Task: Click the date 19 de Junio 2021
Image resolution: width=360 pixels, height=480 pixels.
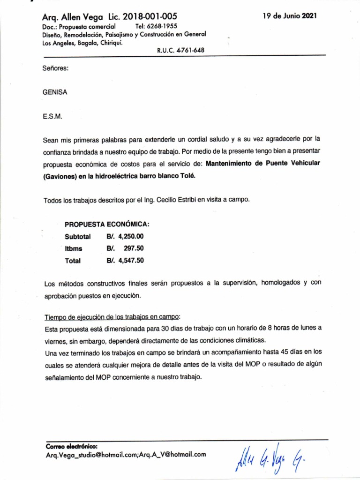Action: coord(290,16)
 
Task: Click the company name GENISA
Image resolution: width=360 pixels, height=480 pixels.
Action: coord(55,92)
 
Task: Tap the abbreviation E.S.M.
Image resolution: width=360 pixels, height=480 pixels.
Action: coord(52,115)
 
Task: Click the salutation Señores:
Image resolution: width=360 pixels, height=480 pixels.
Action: coord(56,68)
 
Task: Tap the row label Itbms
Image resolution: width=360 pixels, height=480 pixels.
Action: coord(73,248)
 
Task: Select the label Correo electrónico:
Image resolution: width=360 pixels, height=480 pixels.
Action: coord(72,446)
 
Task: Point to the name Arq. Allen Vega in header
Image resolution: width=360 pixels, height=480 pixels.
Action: coord(69,17)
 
